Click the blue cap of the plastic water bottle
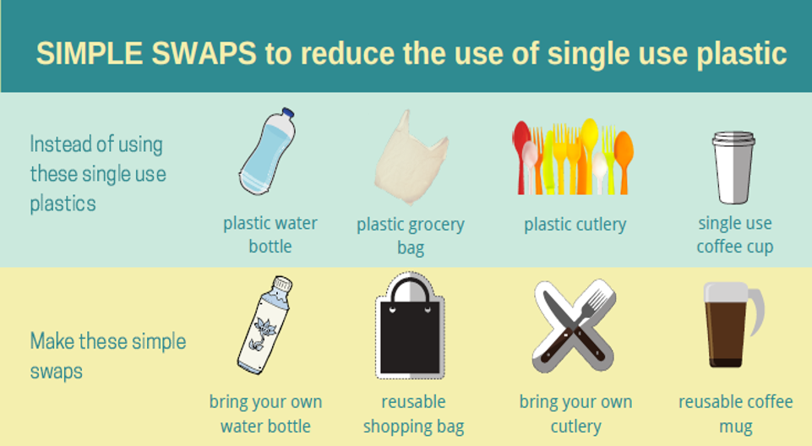pyautogui.click(x=287, y=113)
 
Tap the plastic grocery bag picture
pyautogui.click(x=411, y=157)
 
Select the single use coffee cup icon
pyautogui.click(x=733, y=166)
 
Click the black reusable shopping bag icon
pyautogui.click(x=410, y=326)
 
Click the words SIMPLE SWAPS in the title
pyautogui.click(x=146, y=53)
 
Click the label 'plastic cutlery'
pyautogui.click(x=575, y=225)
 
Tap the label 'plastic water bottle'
pyautogui.click(x=270, y=234)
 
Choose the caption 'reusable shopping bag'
pyautogui.click(x=413, y=414)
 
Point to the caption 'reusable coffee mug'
pyautogui.click(x=735, y=414)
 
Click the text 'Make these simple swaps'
pyautogui.click(x=107, y=356)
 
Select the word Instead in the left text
pyautogui.click(x=59, y=144)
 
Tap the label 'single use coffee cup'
pyautogui.click(x=735, y=234)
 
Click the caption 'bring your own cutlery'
pyautogui.click(x=576, y=414)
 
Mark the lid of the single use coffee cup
pyautogui.click(x=733, y=138)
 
